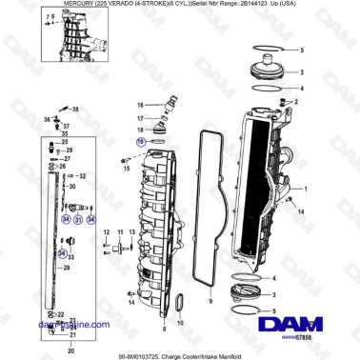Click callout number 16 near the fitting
pos(138,104)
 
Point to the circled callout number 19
pos(141,140)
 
